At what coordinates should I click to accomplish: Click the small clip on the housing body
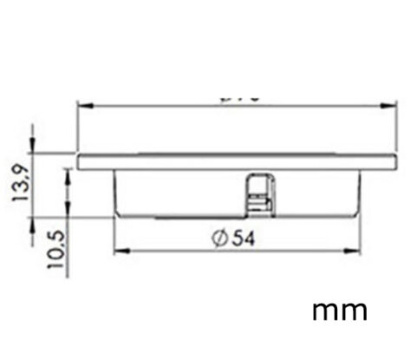coord(257,192)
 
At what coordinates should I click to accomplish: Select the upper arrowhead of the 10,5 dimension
coord(67,172)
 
